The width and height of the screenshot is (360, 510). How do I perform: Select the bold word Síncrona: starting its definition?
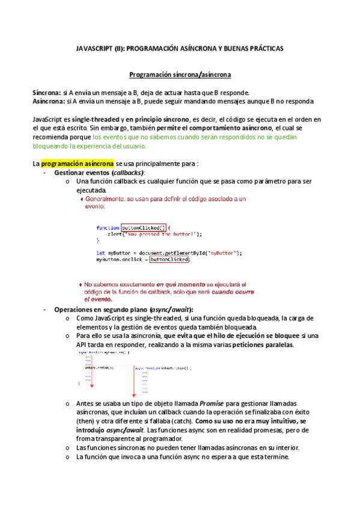tap(46, 93)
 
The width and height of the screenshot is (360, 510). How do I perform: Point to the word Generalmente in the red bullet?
tap(106, 198)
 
